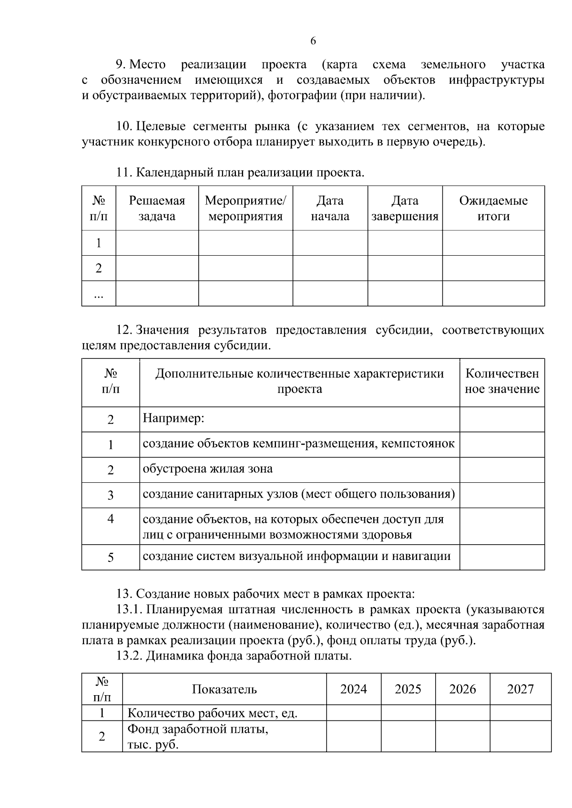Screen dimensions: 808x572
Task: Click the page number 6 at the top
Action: click(x=313, y=41)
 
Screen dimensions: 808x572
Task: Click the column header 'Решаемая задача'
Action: click(x=157, y=209)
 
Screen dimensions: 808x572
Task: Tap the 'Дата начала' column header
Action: click(x=330, y=209)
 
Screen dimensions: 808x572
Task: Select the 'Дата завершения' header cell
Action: click(x=405, y=209)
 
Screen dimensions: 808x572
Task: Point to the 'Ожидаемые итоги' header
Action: click(x=493, y=209)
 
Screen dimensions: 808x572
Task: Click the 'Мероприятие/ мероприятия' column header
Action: click(x=245, y=209)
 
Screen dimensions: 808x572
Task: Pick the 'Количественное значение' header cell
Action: click(x=502, y=381)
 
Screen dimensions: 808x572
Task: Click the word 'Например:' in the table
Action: click(x=174, y=419)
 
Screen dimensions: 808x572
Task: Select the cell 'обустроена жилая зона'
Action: click(x=208, y=469)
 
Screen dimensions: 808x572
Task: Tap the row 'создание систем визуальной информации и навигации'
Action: click(x=296, y=556)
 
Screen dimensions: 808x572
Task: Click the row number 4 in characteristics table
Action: click(x=111, y=519)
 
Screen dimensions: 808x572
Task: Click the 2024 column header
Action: click(x=354, y=689)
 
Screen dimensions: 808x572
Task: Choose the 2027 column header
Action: click(x=520, y=689)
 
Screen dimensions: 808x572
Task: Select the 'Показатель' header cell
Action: click(x=224, y=689)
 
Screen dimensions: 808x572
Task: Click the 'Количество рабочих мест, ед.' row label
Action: click(x=213, y=713)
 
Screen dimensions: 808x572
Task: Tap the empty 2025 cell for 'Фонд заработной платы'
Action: click(x=408, y=736)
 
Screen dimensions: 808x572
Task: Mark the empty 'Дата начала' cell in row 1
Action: click(x=330, y=243)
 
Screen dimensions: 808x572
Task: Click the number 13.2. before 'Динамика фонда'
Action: click(x=130, y=656)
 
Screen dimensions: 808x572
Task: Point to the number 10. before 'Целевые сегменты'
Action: click(x=124, y=127)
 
